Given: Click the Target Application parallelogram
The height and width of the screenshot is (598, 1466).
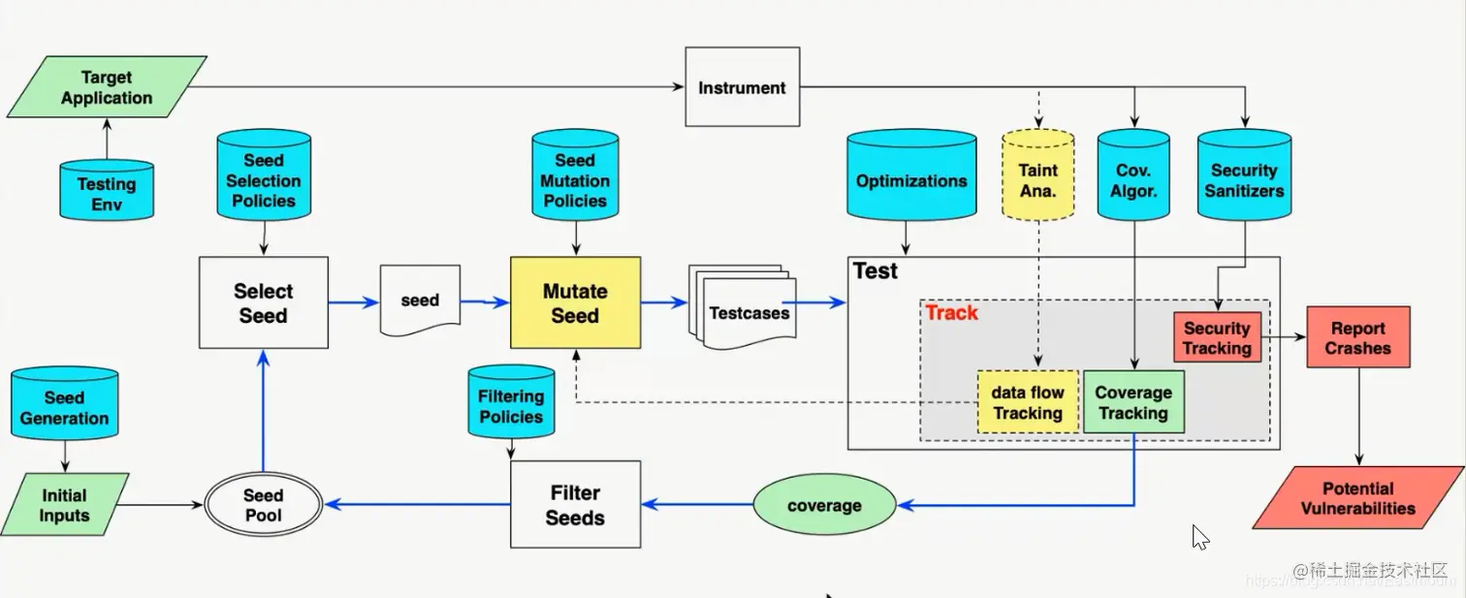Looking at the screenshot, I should tap(107, 87).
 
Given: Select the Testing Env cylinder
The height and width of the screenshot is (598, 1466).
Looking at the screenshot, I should tap(107, 192).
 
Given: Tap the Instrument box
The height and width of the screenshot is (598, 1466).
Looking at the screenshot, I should tap(743, 87).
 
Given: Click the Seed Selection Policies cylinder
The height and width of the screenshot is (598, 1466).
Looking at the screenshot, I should tap(264, 180).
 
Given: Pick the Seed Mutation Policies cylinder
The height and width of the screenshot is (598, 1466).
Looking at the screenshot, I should tap(575, 180).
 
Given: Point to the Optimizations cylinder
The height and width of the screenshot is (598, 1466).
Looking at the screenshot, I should tap(911, 180).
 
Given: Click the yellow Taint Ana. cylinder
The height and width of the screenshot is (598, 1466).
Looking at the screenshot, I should tap(1037, 180).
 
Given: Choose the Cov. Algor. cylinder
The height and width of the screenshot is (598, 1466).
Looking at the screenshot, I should tap(1134, 180).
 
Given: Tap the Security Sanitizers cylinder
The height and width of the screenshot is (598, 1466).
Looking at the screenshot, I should tap(1244, 180).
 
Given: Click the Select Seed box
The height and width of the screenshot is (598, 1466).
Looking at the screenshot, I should tap(264, 303).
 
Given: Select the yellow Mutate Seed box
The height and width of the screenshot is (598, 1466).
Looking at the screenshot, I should tap(575, 303).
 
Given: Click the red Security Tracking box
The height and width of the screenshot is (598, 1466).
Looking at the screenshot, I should tap(1218, 338).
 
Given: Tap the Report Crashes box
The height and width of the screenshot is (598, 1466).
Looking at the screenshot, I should tap(1357, 338).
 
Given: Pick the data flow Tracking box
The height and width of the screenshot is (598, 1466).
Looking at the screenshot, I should tap(1028, 402).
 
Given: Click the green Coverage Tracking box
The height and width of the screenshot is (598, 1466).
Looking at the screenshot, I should tap(1132, 402).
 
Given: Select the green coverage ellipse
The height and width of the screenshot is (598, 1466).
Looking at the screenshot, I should tap(824, 505).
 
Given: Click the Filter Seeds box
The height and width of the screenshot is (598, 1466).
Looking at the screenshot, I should tap(575, 505).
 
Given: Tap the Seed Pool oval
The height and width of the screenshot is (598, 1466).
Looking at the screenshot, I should tap(264, 505).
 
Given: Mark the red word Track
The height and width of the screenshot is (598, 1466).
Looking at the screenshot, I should tap(951, 313).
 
